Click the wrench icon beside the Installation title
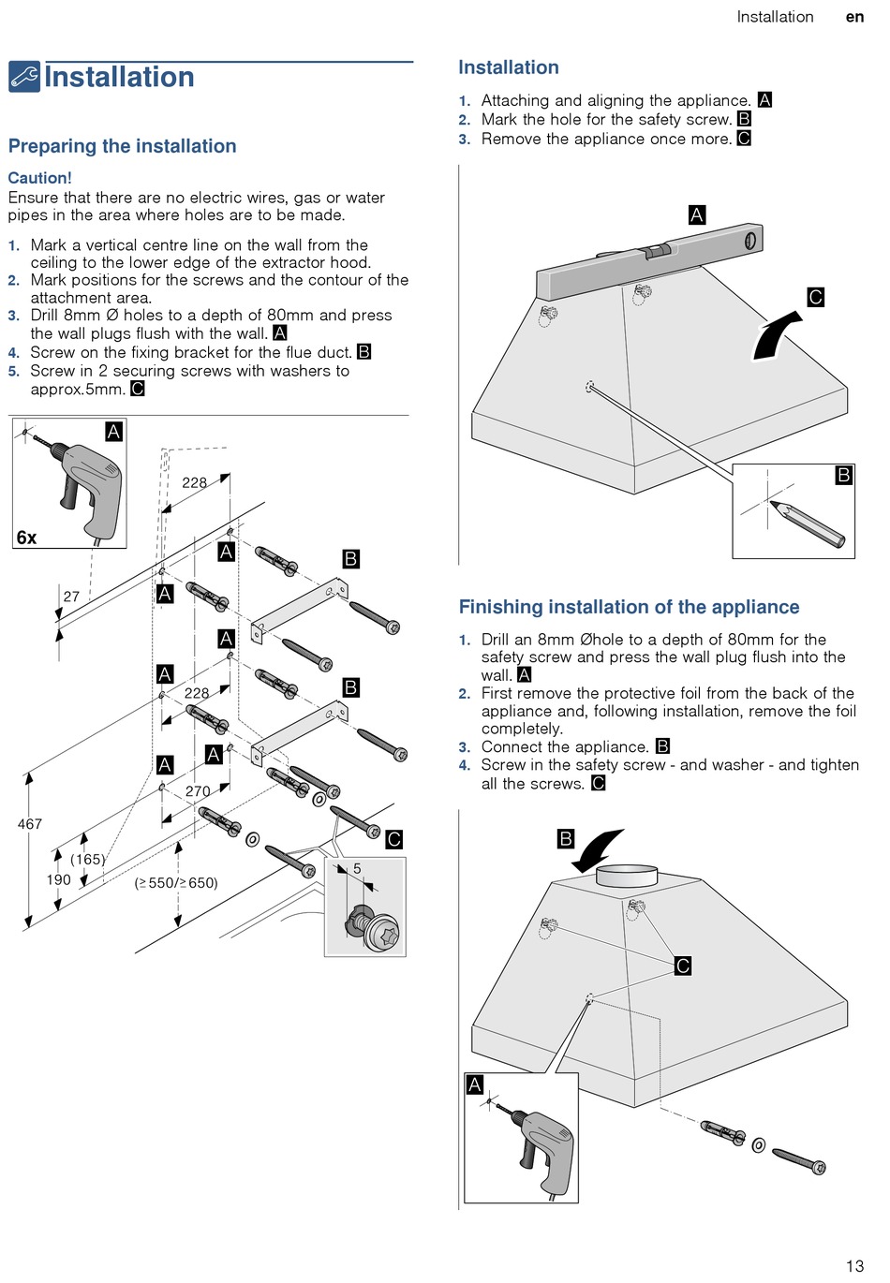click(24, 77)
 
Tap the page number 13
click(854, 1266)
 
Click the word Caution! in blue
click(39, 178)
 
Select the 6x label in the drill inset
click(26, 538)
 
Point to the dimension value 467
click(30, 824)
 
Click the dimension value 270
click(198, 791)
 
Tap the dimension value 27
click(71, 597)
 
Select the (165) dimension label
click(88, 859)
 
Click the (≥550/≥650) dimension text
click(176, 882)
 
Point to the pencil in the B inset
click(808, 524)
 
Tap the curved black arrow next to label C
click(776, 336)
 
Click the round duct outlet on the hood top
click(629, 877)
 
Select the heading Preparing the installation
click(122, 146)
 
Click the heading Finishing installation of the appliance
click(629, 607)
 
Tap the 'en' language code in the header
click(854, 17)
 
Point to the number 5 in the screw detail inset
click(357, 869)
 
